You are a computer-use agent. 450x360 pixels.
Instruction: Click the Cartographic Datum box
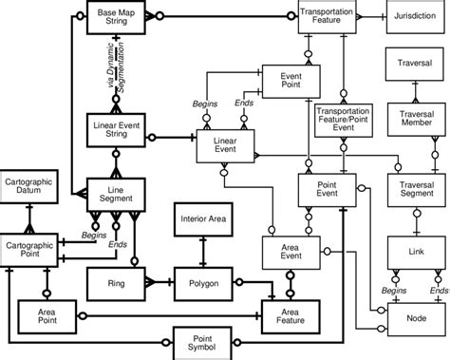click(29, 186)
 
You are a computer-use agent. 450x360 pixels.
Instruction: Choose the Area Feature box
click(289, 313)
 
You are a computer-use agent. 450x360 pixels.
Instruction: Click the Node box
click(414, 317)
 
